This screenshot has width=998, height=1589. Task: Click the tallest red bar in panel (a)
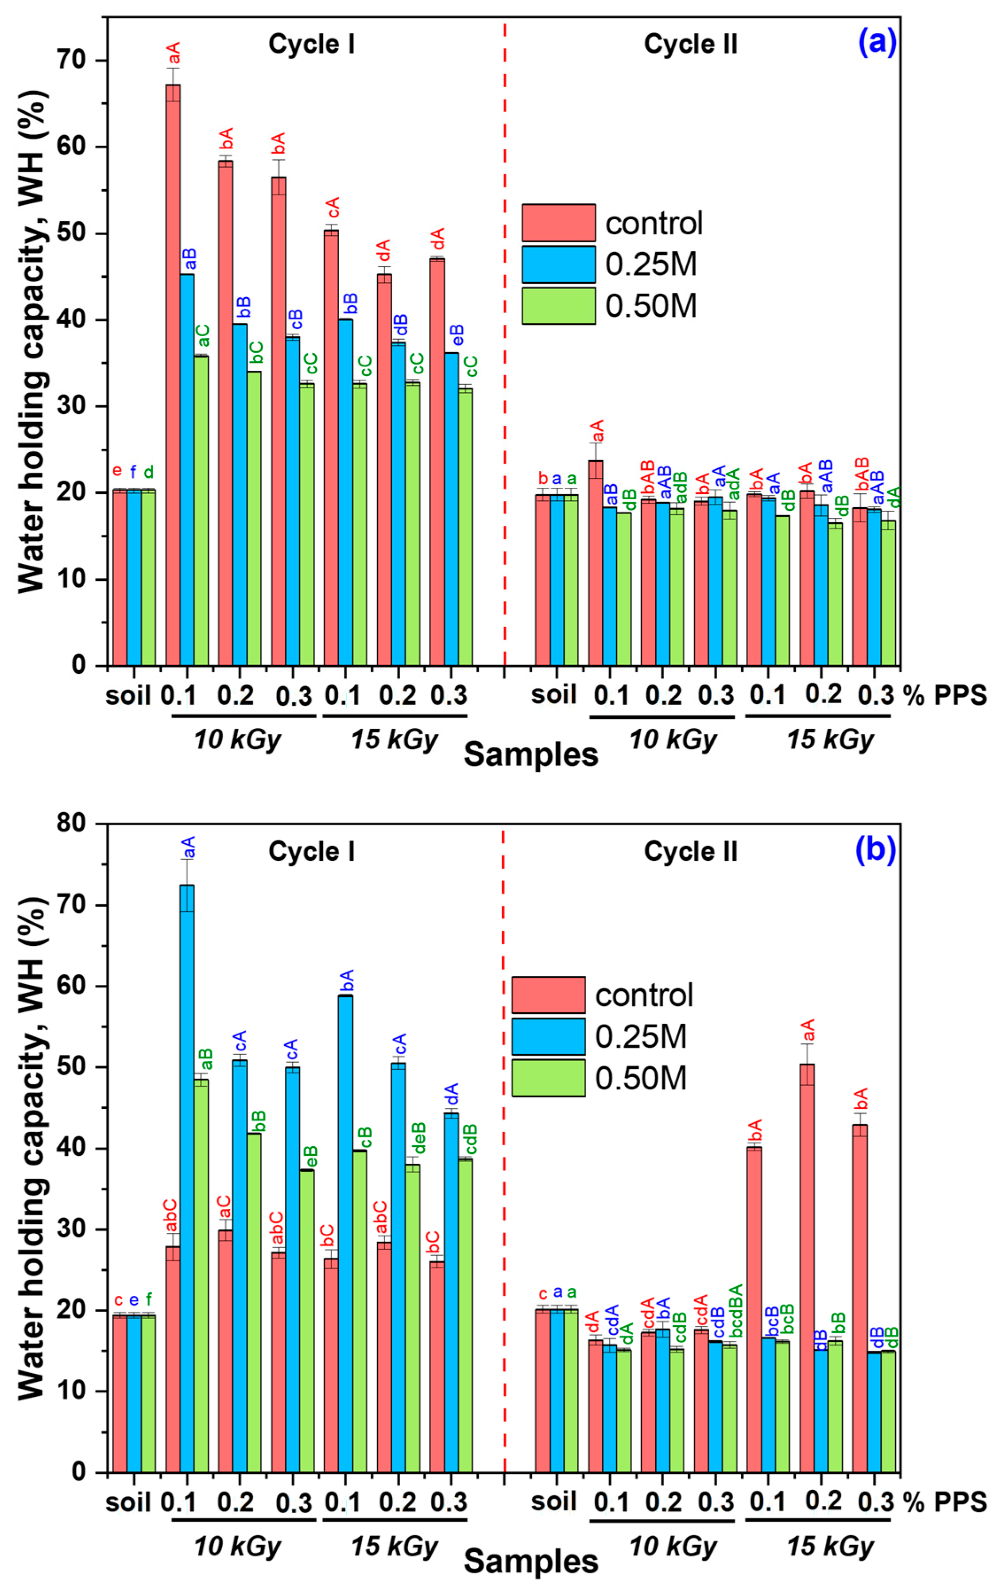pos(173,374)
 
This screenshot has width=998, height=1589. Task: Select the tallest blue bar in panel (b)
pos(187,1181)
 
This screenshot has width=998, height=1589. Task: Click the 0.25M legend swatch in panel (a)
pos(558,264)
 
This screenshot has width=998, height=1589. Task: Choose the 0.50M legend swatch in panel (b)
pos(548,1078)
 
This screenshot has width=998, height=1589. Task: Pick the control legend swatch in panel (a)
pos(558,222)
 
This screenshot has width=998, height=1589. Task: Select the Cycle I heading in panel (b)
pos(311,851)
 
